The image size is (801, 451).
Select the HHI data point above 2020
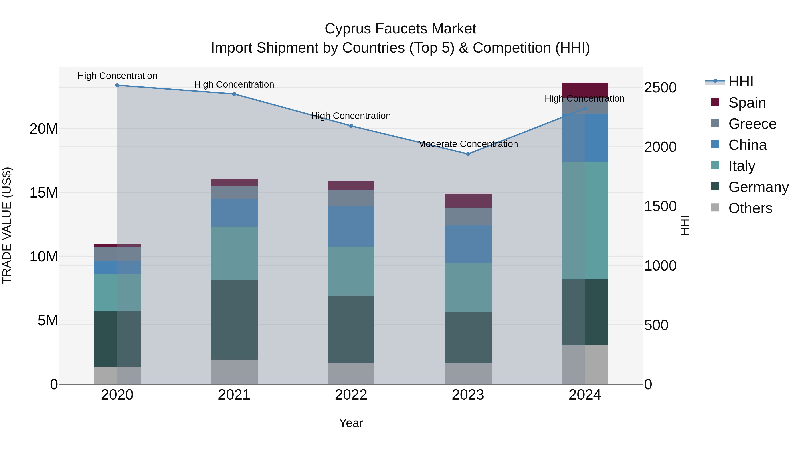click(x=117, y=85)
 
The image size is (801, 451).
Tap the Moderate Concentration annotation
click(x=468, y=144)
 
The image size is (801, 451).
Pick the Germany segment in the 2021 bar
click(x=234, y=320)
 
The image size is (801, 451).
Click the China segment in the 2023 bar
click(x=468, y=244)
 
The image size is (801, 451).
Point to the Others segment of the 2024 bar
click(x=585, y=364)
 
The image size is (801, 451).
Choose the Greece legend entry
click(x=752, y=124)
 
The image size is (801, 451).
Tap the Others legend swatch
click(x=715, y=208)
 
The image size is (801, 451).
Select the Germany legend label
click(x=759, y=187)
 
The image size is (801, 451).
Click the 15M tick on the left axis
click(x=44, y=193)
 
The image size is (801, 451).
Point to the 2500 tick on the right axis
click(x=660, y=88)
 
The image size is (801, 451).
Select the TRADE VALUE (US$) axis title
click(x=7, y=225)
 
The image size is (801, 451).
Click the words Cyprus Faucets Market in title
click(x=400, y=29)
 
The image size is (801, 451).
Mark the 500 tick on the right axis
click(x=656, y=325)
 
